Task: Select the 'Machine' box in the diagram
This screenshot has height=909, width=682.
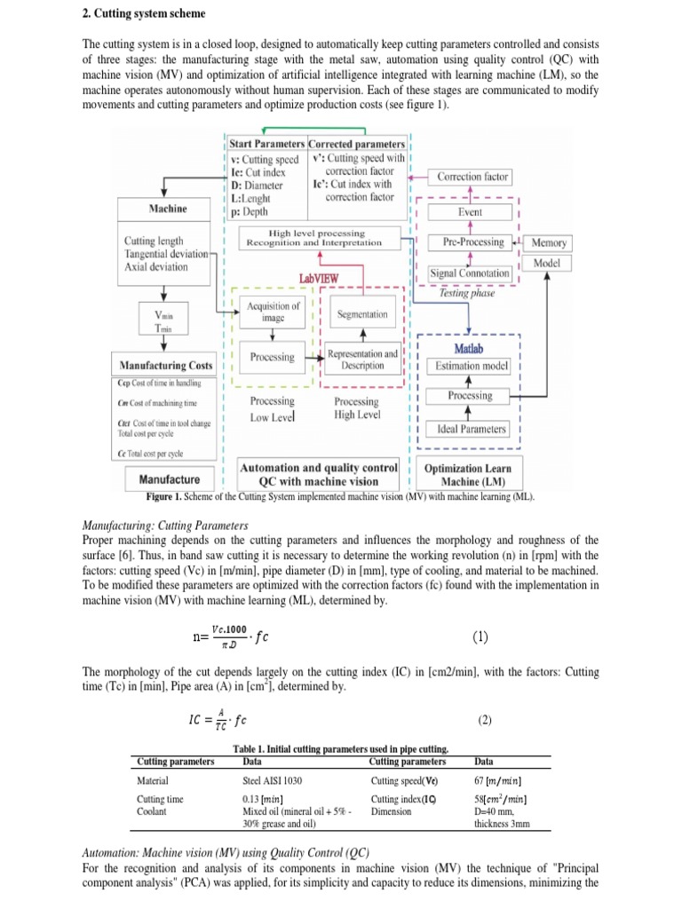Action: (167, 209)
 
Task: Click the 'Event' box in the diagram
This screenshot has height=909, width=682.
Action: (470, 213)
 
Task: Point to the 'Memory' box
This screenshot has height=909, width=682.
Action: (549, 242)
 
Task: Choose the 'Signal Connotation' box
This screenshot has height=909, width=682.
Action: (470, 273)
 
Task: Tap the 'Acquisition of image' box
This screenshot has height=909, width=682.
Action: (273, 312)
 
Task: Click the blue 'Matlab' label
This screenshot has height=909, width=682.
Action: (470, 350)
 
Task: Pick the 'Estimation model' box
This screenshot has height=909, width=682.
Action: (470, 366)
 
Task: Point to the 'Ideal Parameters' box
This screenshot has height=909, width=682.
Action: (470, 430)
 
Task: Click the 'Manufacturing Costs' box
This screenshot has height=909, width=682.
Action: (166, 365)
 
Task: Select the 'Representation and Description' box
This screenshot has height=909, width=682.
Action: (362, 359)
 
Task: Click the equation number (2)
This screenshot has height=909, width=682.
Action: (484, 721)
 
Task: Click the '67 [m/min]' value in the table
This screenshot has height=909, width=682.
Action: (501, 780)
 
